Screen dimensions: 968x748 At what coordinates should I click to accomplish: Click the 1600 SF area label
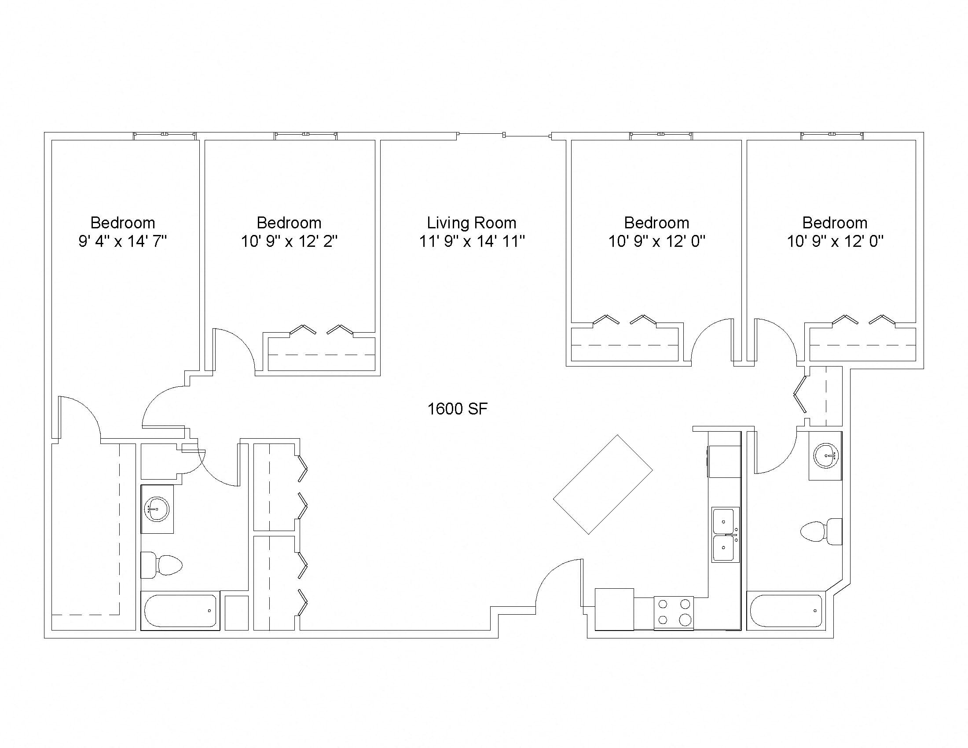click(x=458, y=409)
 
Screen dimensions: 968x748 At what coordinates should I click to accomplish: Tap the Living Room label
click(x=472, y=223)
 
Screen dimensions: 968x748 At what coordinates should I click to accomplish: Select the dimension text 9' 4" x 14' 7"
click(x=122, y=242)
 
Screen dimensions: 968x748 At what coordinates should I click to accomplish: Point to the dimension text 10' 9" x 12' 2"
click(x=289, y=242)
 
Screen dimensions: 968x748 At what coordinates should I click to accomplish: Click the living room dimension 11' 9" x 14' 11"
click(x=472, y=242)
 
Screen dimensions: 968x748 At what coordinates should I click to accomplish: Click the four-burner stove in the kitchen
click(x=674, y=613)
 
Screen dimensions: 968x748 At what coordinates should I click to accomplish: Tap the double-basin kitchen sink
click(x=726, y=535)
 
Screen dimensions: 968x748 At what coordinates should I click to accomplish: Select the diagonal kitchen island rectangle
click(x=603, y=484)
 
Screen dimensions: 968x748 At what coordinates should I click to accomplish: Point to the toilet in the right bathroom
click(x=821, y=532)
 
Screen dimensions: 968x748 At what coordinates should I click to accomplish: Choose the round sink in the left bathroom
click(x=157, y=509)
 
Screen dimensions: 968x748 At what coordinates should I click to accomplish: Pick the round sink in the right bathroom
click(x=826, y=455)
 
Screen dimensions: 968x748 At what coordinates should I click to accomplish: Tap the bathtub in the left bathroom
click(x=180, y=611)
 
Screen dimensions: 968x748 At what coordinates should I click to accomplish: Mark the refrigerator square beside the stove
click(x=614, y=609)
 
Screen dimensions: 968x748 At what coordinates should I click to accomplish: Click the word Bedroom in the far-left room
click(x=123, y=223)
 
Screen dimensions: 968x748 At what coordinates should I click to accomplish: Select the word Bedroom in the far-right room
click(x=835, y=223)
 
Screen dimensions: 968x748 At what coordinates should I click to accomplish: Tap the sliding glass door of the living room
click(x=504, y=134)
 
